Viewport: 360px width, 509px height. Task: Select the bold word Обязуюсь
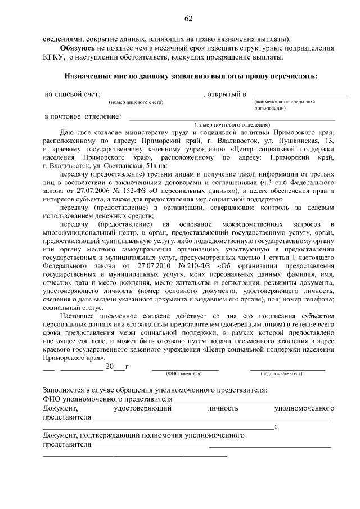(x=66, y=49)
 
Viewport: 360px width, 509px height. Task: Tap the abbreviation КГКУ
(x=54, y=58)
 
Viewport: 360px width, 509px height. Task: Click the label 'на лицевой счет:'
(x=73, y=94)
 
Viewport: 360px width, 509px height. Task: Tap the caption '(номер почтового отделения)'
(x=232, y=124)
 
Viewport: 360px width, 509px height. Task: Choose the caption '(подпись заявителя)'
(x=286, y=373)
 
